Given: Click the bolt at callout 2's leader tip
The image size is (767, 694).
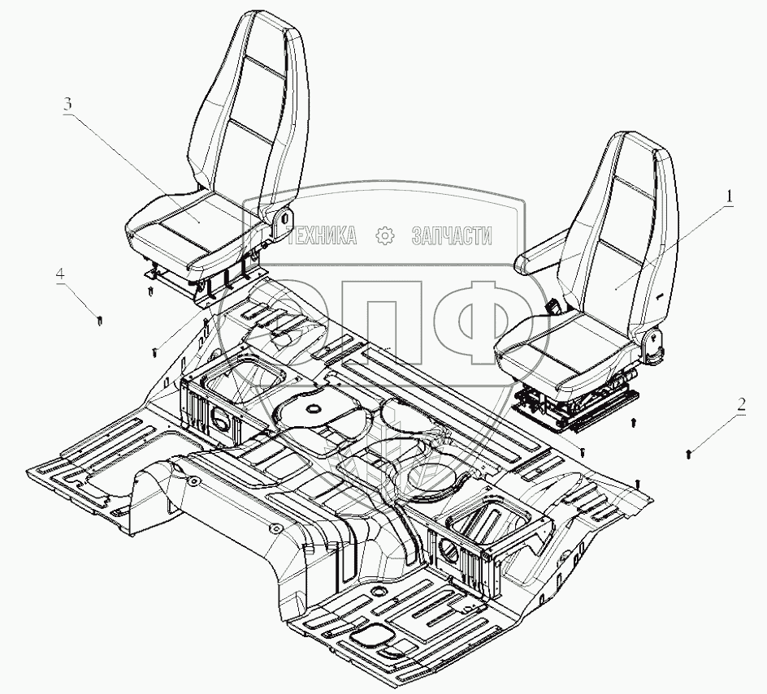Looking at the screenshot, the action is (x=690, y=451).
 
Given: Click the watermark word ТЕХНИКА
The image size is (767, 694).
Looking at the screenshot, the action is (x=322, y=235).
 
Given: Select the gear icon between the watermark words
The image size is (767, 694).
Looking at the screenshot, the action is (x=385, y=235).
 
